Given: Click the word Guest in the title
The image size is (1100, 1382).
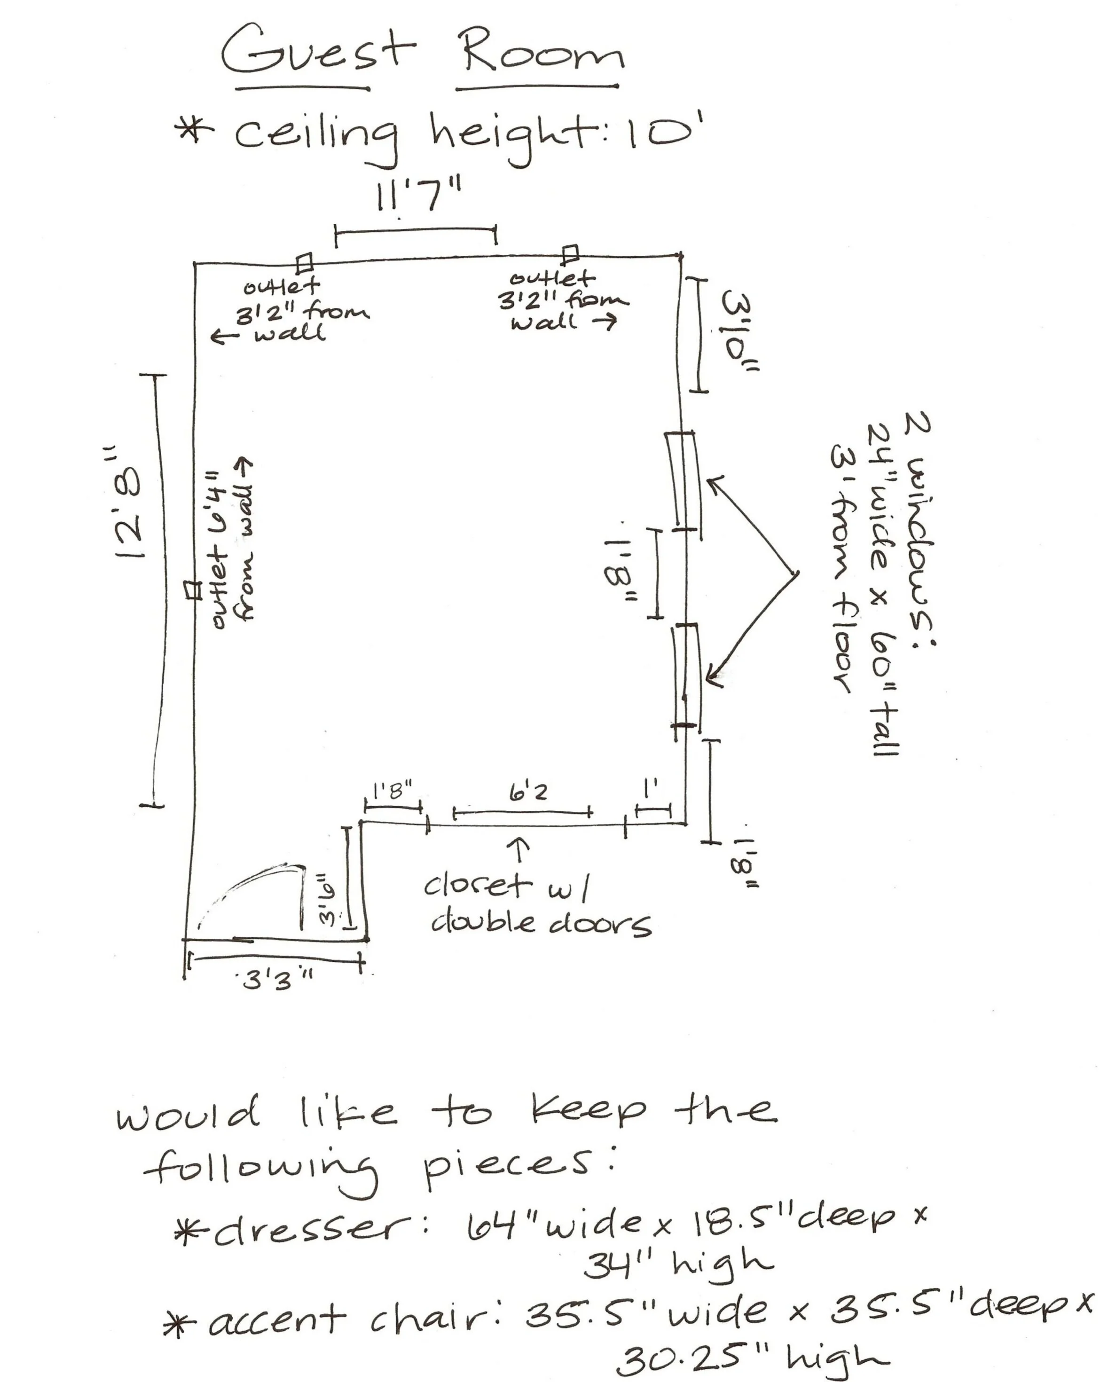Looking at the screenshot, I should coord(319,51).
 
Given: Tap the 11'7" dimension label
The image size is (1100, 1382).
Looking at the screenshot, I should coord(417,195).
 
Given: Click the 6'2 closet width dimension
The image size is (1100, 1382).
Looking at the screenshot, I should coord(528,793).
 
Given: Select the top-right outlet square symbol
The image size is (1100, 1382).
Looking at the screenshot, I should coord(570,253).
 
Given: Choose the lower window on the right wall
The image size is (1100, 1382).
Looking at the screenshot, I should coord(686,677).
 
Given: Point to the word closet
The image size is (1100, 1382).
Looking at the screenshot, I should coord(477,886).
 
